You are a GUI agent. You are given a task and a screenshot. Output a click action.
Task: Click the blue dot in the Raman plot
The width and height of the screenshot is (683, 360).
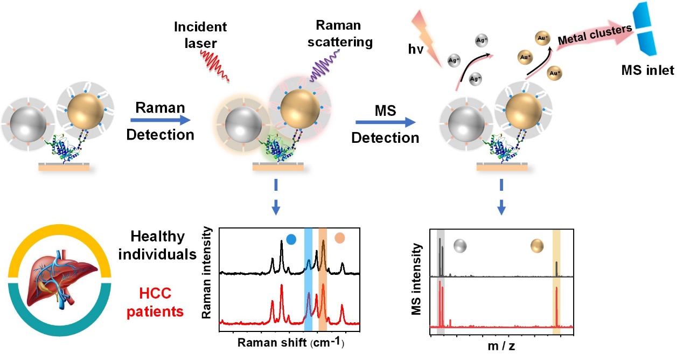click(291, 238)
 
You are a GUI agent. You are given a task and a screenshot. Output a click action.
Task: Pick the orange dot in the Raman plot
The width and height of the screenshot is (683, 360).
click(339, 238)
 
